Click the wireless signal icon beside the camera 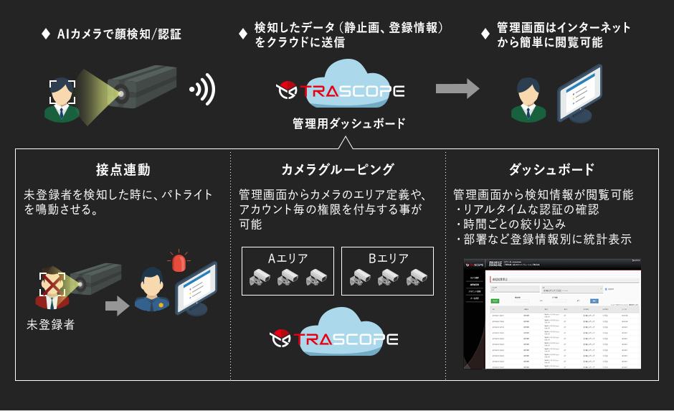203,90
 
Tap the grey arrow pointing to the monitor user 457,88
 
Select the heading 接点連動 123,170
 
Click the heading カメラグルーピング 338,170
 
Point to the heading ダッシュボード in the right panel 551,170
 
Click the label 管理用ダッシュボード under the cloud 349,123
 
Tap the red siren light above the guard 177,261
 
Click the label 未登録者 50,325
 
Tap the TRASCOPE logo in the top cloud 341,92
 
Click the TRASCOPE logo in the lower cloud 334,338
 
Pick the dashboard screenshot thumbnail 551,313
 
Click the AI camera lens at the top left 120,92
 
